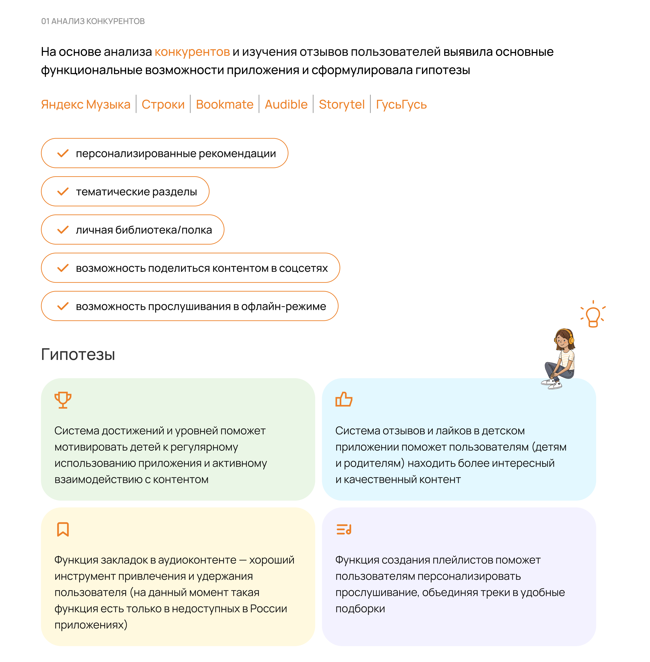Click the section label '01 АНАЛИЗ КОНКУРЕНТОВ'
[93, 21]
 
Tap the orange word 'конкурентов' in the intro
[192, 52]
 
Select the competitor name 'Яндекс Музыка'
[86, 104]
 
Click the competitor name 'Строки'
[163, 104]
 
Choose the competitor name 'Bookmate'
[225, 104]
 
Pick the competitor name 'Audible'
[286, 104]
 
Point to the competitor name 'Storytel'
[342, 104]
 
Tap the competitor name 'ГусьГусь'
[401, 104]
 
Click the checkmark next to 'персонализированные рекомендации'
[63, 153]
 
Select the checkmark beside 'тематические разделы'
[63, 192]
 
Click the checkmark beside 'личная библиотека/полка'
[63, 230]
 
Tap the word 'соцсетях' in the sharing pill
[303, 268]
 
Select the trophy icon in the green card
[63, 400]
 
